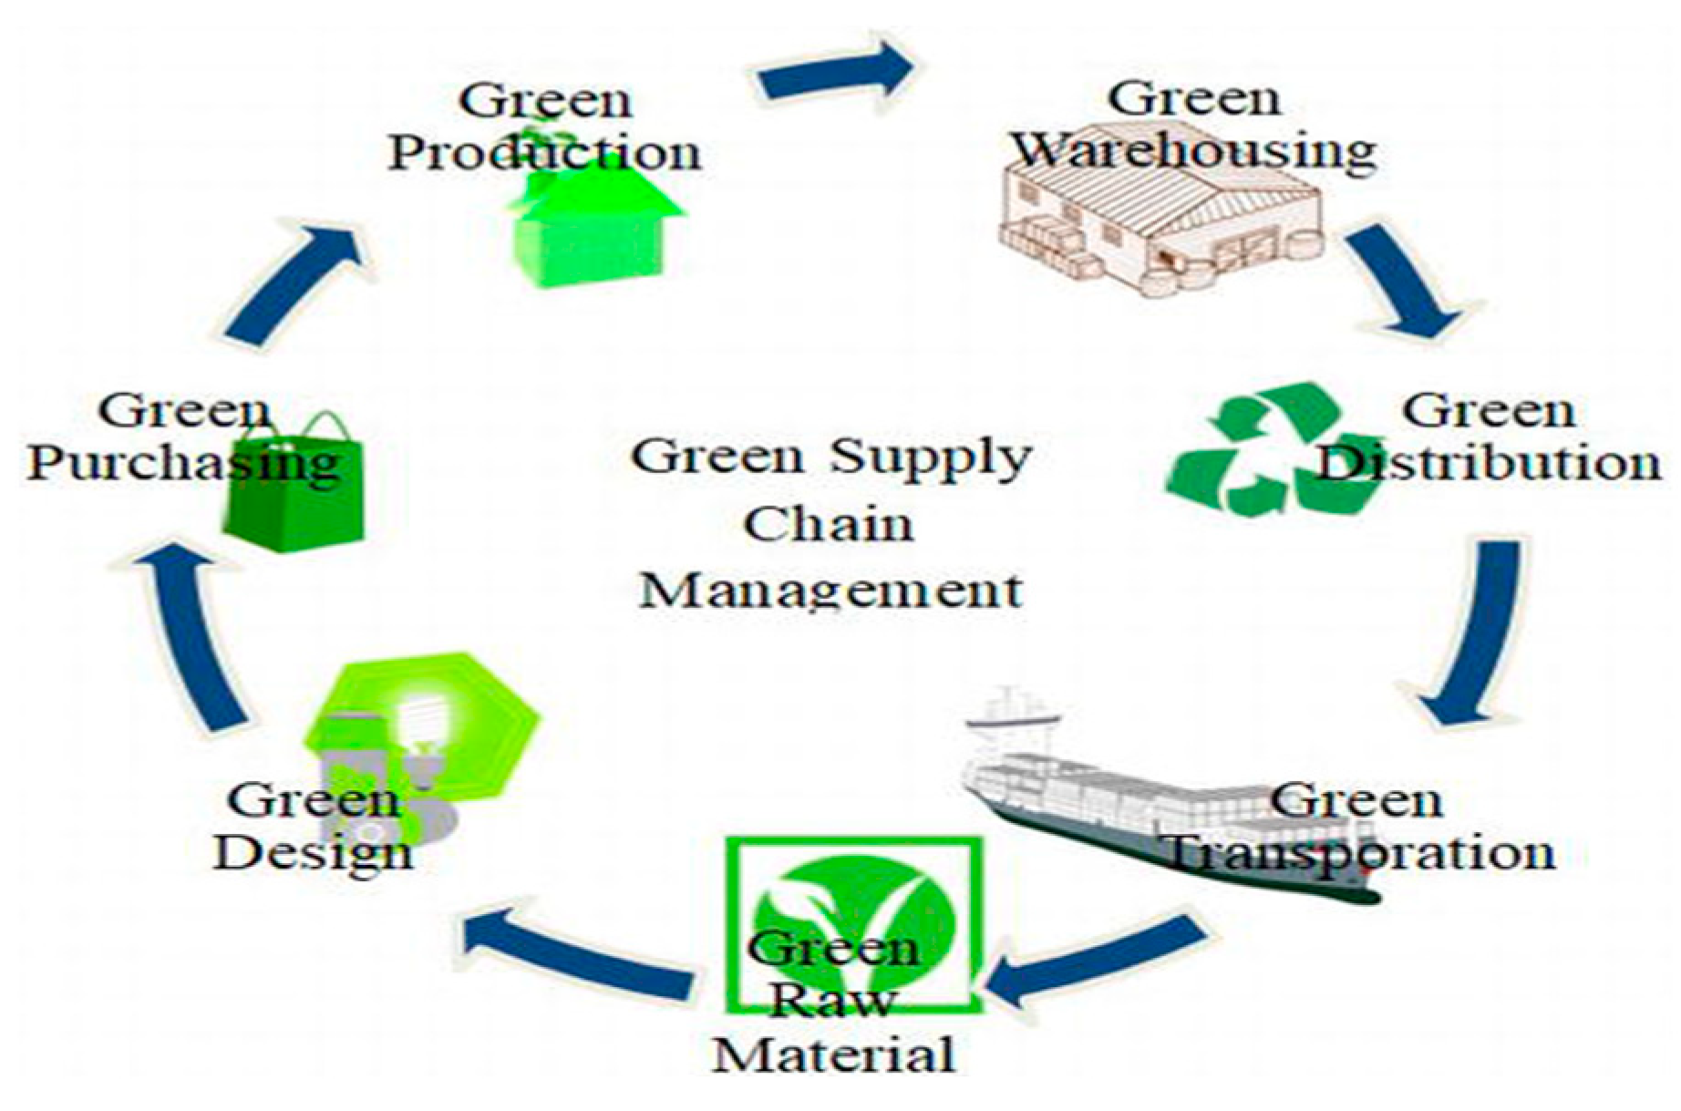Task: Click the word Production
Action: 545,152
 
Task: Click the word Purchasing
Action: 182,463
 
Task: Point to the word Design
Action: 313,853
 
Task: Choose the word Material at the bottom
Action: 833,1055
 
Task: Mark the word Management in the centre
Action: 830,591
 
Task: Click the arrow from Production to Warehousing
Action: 834,73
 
